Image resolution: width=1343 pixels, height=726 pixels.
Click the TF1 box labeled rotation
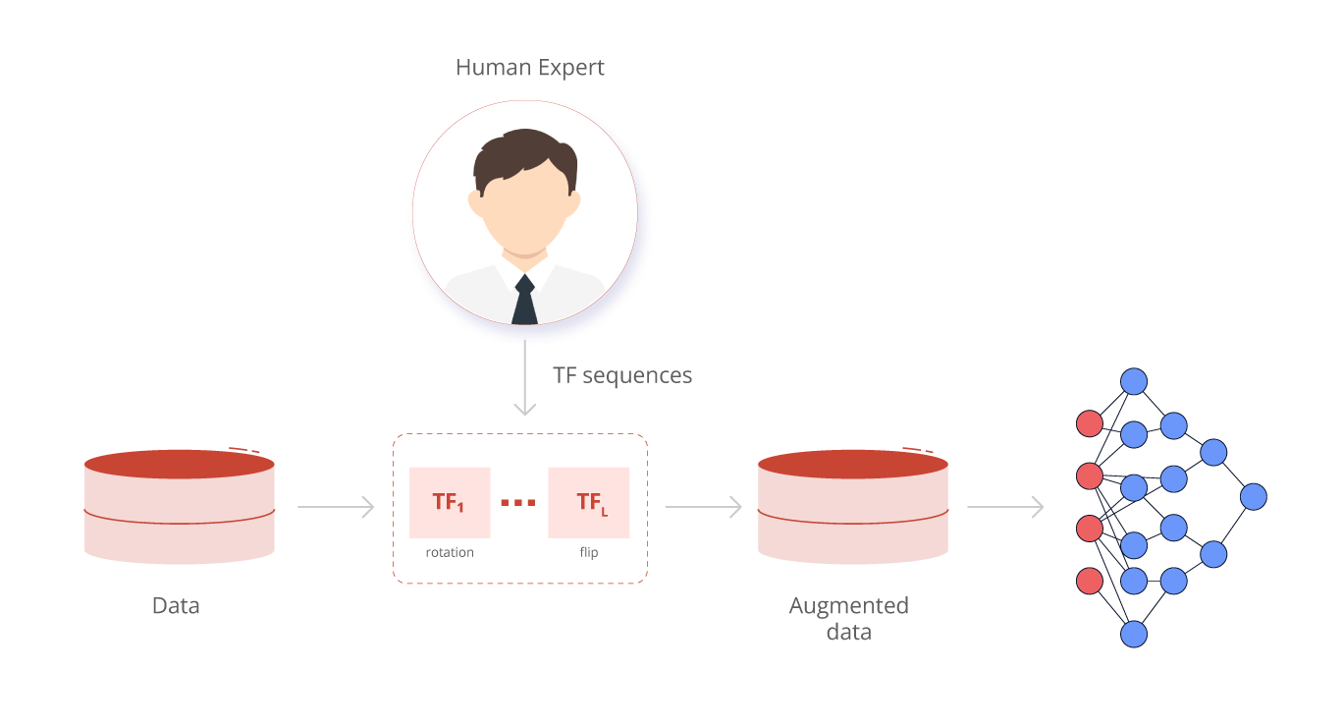click(450, 502)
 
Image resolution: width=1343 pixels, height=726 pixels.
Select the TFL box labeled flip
click(589, 502)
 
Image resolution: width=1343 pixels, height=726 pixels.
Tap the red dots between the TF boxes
click(518, 503)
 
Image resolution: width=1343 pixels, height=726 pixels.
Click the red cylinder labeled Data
click(179, 507)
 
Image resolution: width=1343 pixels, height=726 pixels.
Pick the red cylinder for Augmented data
click(852, 507)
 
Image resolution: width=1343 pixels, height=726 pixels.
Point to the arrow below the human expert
click(525, 378)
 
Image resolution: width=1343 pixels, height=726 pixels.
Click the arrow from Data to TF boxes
click(336, 507)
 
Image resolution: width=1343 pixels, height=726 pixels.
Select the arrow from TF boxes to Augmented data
click(703, 507)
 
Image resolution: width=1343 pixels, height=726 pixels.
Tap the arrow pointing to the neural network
click(1005, 507)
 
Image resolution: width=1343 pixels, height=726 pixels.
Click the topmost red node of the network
click(1090, 423)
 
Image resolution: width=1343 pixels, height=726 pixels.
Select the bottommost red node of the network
click(1090, 581)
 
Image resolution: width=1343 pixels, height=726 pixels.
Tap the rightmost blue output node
click(1254, 497)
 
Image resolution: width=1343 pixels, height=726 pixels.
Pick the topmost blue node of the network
click(1134, 381)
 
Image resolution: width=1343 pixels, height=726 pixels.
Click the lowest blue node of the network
click(1134, 634)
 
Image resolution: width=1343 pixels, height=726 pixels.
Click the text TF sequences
click(623, 376)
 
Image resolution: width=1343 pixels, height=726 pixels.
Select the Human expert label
click(529, 68)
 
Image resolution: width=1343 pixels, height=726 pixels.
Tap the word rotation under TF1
click(448, 553)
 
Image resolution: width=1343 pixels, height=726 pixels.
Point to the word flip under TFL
click(589, 553)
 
